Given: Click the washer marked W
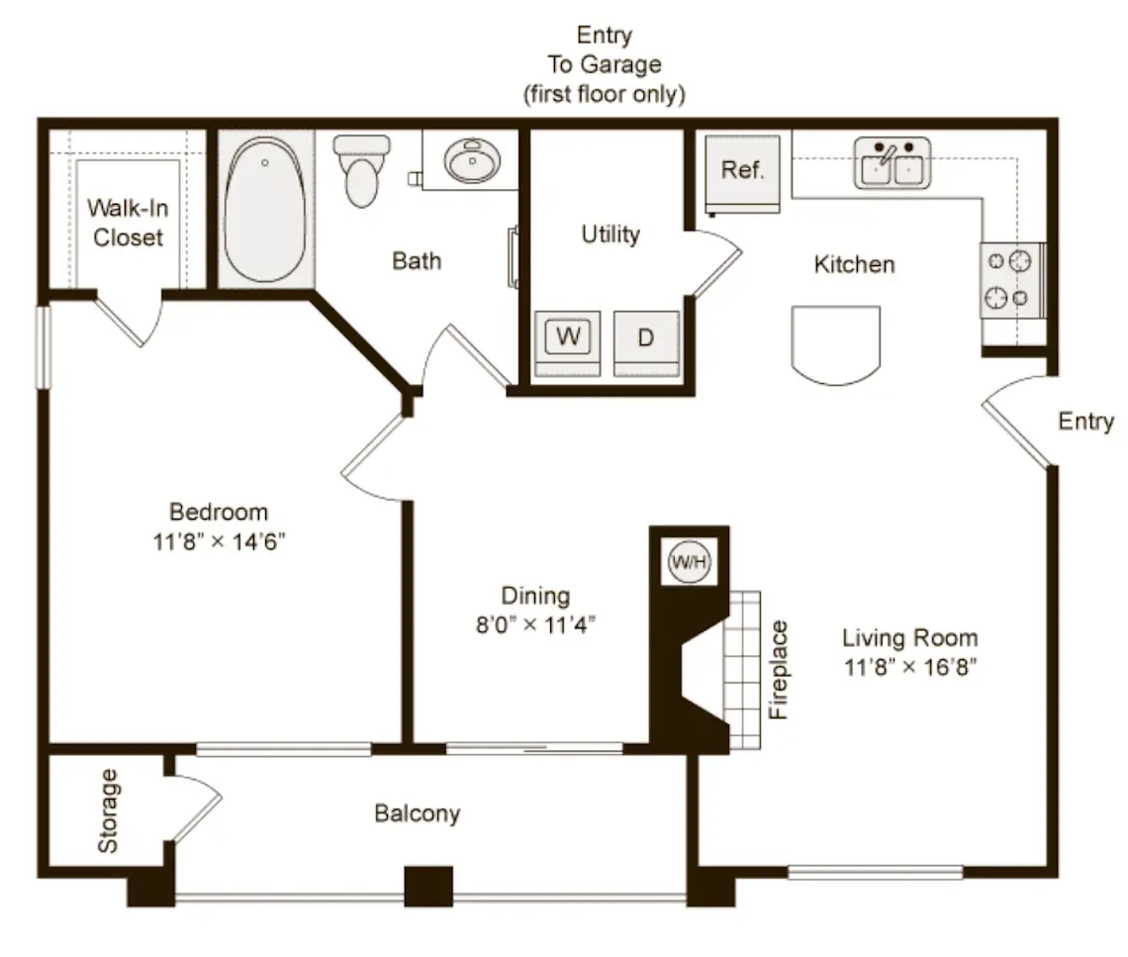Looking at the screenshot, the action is (568, 343).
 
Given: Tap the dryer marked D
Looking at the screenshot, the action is (646, 343).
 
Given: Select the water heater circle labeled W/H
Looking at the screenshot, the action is (690, 561).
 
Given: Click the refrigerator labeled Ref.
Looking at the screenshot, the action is (742, 173).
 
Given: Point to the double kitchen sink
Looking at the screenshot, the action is (893, 163).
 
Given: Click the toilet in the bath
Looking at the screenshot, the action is (362, 170).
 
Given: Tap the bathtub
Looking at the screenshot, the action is (265, 210).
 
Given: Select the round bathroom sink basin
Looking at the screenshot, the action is (472, 160).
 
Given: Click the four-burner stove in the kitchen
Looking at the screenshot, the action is (1012, 280).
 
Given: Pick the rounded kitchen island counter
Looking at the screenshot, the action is (836, 345).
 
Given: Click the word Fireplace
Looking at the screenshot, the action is (779, 670).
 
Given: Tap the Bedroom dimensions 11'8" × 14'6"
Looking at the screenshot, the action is (219, 541).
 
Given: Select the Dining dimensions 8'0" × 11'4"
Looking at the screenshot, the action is (535, 624).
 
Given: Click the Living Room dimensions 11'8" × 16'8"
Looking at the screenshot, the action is (910, 667).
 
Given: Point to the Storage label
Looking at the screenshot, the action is (108, 811).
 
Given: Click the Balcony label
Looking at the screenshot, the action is (418, 813).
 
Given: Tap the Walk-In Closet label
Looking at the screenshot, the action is (128, 223).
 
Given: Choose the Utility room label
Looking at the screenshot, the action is (611, 235).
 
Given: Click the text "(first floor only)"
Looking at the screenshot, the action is (605, 94).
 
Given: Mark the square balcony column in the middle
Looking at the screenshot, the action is (428, 887).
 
